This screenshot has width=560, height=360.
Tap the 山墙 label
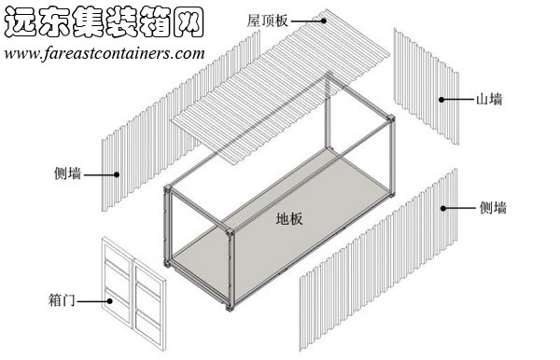pyautogui.click(x=490, y=99)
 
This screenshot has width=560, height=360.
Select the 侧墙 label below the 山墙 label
pyautogui.click(x=494, y=208)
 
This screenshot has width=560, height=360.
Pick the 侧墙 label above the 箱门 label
pyautogui.click(x=68, y=173)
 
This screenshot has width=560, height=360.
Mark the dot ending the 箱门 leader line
pyautogui.click(x=108, y=300)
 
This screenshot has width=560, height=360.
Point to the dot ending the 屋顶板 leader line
pyautogui.click(x=324, y=20)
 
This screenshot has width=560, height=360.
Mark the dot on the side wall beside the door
pyautogui.click(x=118, y=173)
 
